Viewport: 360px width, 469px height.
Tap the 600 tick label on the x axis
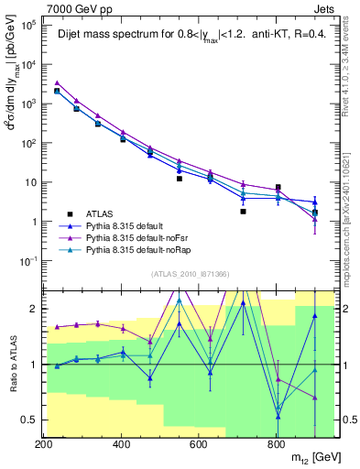click(199, 443)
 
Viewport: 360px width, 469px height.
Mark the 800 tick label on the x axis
click(276, 443)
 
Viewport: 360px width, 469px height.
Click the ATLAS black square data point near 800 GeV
click(278, 187)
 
